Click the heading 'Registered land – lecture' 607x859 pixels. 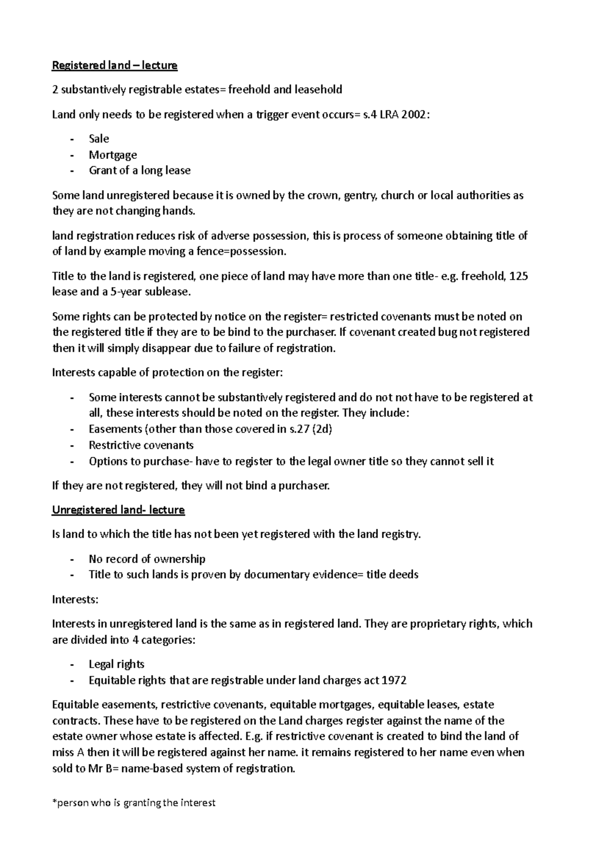[115, 65]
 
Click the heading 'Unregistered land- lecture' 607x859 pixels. [118, 510]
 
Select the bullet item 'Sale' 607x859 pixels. [99, 139]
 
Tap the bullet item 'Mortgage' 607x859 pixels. [113, 155]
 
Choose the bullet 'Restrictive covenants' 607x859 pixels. [141, 446]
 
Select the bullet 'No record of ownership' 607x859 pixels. [147, 559]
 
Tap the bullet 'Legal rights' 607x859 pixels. [116, 664]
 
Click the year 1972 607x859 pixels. [394, 680]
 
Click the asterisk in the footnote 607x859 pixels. [54, 802]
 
